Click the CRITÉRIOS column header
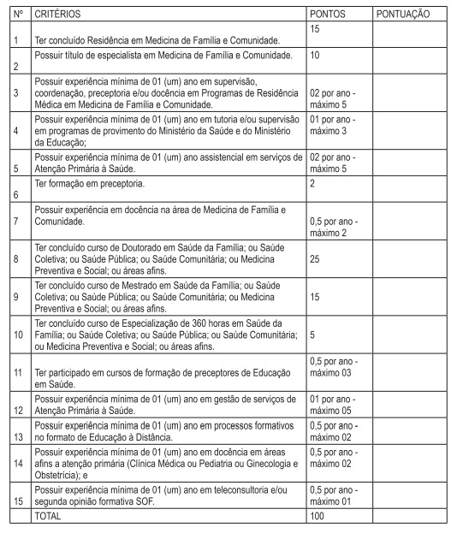coord(52,15)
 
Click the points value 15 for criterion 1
coord(315,29)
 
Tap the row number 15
coord(16,496)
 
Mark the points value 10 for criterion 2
coord(315,56)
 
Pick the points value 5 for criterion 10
coord(312,335)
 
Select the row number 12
coord(16,411)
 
